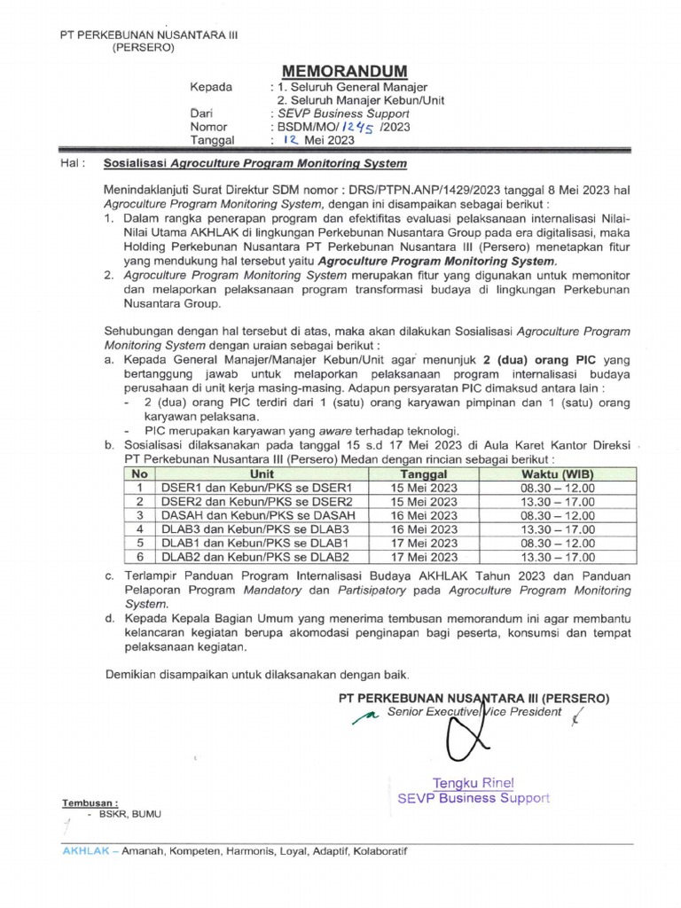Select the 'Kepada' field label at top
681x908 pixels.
pos(211,87)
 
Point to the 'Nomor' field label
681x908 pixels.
pos(209,127)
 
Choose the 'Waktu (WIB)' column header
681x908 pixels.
pos(558,475)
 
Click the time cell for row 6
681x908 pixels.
pos(558,557)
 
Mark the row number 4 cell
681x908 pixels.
pos(138,528)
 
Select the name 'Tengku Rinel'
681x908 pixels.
pos(473,783)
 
